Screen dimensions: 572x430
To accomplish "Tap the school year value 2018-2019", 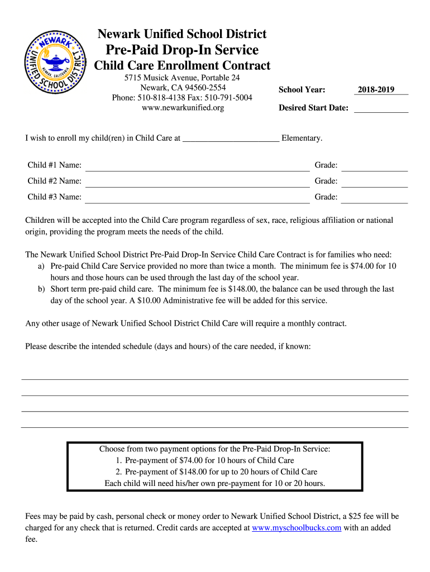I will click(376, 89).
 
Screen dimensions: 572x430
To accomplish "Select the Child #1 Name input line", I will click(197, 165).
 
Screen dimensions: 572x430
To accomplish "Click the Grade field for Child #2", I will click(374, 182).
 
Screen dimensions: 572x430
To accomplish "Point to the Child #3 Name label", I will click(55, 197).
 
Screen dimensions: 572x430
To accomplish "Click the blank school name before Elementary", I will click(231, 138).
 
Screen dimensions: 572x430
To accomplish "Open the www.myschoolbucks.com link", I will click(297, 528).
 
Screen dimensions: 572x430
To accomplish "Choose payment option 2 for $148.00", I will click(216, 472).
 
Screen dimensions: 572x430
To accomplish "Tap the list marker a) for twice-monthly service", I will click(41, 266).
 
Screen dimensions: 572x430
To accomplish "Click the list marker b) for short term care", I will click(41, 289).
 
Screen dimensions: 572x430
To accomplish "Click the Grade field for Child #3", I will click(374, 197).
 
